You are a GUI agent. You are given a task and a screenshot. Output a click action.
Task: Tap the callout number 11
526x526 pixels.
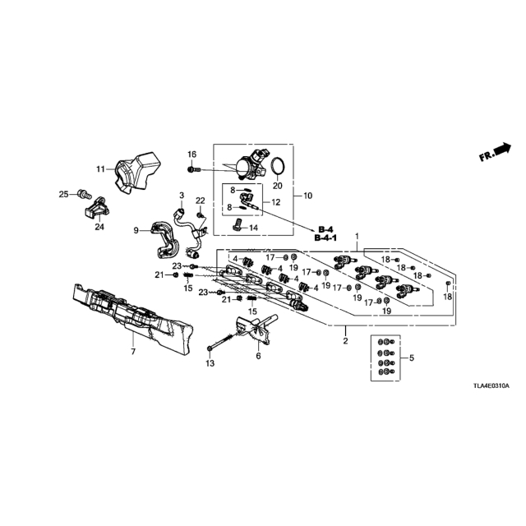tap(100, 169)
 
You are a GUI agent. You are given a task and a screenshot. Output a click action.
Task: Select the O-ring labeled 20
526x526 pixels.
tap(278, 166)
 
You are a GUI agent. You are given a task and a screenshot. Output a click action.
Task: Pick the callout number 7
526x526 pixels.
tap(133, 352)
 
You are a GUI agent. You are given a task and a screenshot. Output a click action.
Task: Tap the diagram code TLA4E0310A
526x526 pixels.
tap(491, 386)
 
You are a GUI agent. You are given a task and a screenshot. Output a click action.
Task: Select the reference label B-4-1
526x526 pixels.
tap(325, 238)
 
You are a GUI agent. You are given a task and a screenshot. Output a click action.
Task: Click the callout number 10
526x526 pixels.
tap(307, 196)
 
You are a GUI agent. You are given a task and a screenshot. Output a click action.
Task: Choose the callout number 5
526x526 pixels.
tap(412, 358)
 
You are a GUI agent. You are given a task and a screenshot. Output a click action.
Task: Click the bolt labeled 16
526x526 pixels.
tap(194, 170)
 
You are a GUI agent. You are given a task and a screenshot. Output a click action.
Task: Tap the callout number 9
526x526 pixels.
tap(136, 230)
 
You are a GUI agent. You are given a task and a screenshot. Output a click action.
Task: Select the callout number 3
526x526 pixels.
tap(182, 195)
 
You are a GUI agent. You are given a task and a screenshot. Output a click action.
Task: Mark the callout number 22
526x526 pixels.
tap(201, 201)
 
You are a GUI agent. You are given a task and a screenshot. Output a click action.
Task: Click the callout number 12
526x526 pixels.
tap(276, 202)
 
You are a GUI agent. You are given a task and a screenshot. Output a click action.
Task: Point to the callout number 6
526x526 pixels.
tap(258, 356)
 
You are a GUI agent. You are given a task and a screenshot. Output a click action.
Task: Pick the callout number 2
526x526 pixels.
tap(345, 341)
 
